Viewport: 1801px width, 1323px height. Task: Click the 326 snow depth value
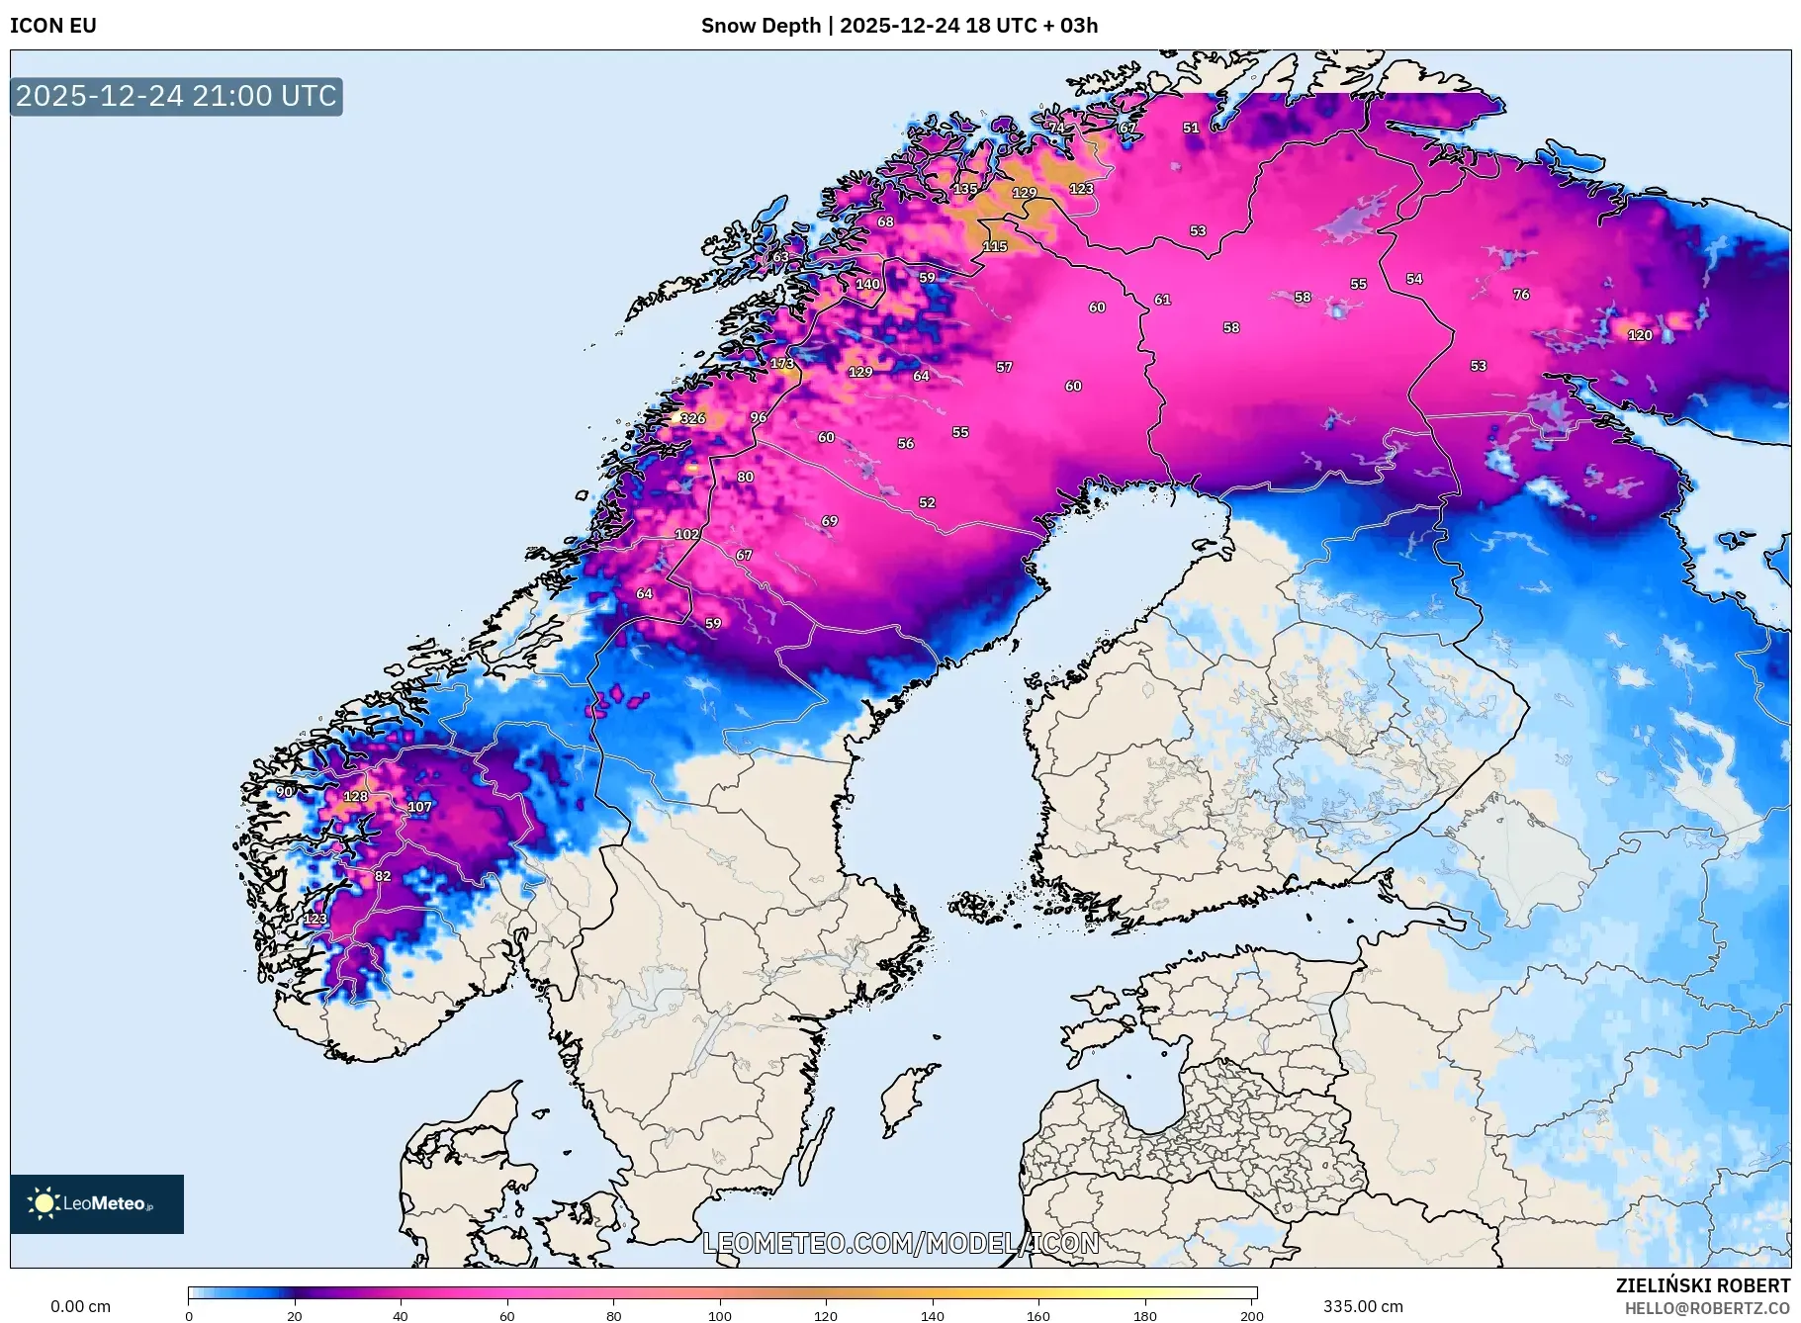692,418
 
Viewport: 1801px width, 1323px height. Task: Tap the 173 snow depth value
782,363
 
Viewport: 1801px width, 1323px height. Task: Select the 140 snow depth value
867,284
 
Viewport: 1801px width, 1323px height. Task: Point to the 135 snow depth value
965,189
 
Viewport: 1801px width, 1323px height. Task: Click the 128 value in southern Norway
355,796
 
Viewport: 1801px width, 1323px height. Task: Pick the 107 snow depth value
419,807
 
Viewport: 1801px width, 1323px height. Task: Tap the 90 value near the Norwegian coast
285,791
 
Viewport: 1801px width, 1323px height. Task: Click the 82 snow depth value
383,876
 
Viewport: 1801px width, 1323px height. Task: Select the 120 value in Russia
1640,335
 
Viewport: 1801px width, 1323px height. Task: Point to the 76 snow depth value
1521,294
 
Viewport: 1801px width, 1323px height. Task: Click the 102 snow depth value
686,534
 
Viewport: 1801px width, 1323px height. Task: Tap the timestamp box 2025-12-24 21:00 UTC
176,96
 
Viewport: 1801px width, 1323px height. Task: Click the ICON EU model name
53,26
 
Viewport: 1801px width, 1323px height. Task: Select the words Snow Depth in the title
761,26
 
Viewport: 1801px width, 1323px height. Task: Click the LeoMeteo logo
97,1203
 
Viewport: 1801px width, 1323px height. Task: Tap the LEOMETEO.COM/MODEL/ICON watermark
900,1243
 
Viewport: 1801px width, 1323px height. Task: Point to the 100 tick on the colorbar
720,1315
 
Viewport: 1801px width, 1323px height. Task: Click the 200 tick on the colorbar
1252,1315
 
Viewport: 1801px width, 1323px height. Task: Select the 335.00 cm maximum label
1363,1306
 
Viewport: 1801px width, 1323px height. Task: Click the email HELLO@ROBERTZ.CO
1707,1308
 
